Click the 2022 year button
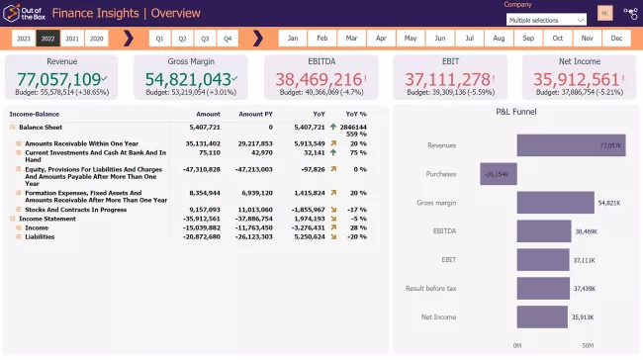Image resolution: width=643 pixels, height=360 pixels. [x=47, y=39]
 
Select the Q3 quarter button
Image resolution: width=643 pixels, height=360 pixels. [x=205, y=39]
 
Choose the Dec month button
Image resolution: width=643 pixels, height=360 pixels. [x=616, y=39]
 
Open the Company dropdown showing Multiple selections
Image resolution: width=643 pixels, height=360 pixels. [x=547, y=20]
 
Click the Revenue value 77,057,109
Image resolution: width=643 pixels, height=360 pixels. [x=59, y=79]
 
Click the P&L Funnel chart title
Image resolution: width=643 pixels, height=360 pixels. [x=515, y=112]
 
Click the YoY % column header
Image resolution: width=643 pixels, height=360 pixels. [x=356, y=114]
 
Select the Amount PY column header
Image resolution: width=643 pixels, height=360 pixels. [x=255, y=114]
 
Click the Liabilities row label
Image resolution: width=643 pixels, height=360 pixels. [x=41, y=236]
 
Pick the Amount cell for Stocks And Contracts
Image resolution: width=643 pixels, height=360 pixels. [x=202, y=209]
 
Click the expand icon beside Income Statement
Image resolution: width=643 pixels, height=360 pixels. [x=13, y=219]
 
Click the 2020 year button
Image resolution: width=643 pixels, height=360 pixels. [x=96, y=39]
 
